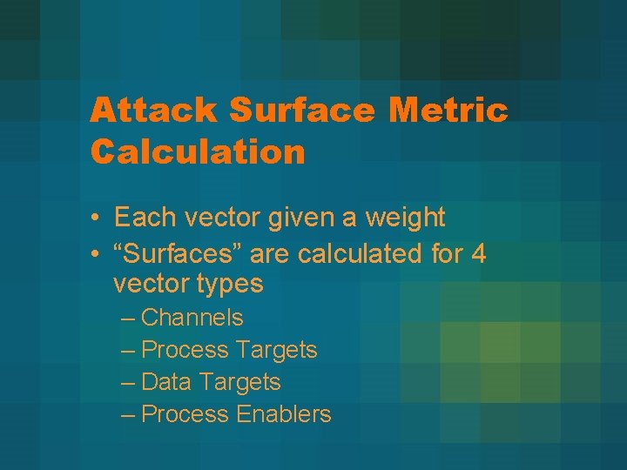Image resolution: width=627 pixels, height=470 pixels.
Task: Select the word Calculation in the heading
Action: (x=198, y=152)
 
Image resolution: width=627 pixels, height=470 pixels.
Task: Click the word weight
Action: (x=406, y=217)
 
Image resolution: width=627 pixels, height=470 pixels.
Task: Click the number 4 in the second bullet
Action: (x=478, y=255)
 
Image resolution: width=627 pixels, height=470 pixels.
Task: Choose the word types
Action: (x=231, y=285)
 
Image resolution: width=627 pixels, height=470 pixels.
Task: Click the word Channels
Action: (x=192, y=319)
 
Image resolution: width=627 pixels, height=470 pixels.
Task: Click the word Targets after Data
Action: (x=239, y=382)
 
